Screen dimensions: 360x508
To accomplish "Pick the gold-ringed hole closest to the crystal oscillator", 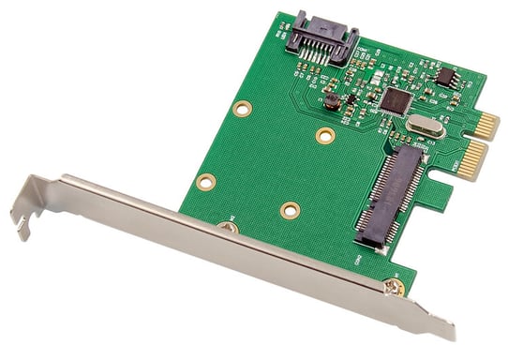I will (325, 136).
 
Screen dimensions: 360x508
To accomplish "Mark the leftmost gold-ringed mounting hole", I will (206, 181).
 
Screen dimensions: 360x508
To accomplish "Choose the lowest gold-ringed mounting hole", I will (290, 210).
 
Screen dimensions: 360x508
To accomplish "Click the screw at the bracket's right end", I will (393, 288).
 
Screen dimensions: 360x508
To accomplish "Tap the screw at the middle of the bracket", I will (228, 226).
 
